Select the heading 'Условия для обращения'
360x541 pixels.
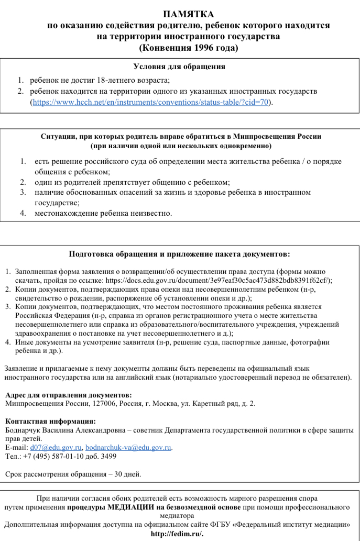pos(179,67)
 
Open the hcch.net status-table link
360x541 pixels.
pos(150,102)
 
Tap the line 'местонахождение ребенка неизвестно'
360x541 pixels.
pos(103,213)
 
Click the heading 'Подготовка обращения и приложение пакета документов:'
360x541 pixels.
pos(179,255)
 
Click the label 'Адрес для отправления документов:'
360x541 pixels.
pos(68,395)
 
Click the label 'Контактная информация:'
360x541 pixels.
pos(50,421)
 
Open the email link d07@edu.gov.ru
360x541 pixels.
pos(56,448)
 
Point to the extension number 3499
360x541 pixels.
pos(108,456)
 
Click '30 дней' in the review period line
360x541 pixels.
pos(128,474)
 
